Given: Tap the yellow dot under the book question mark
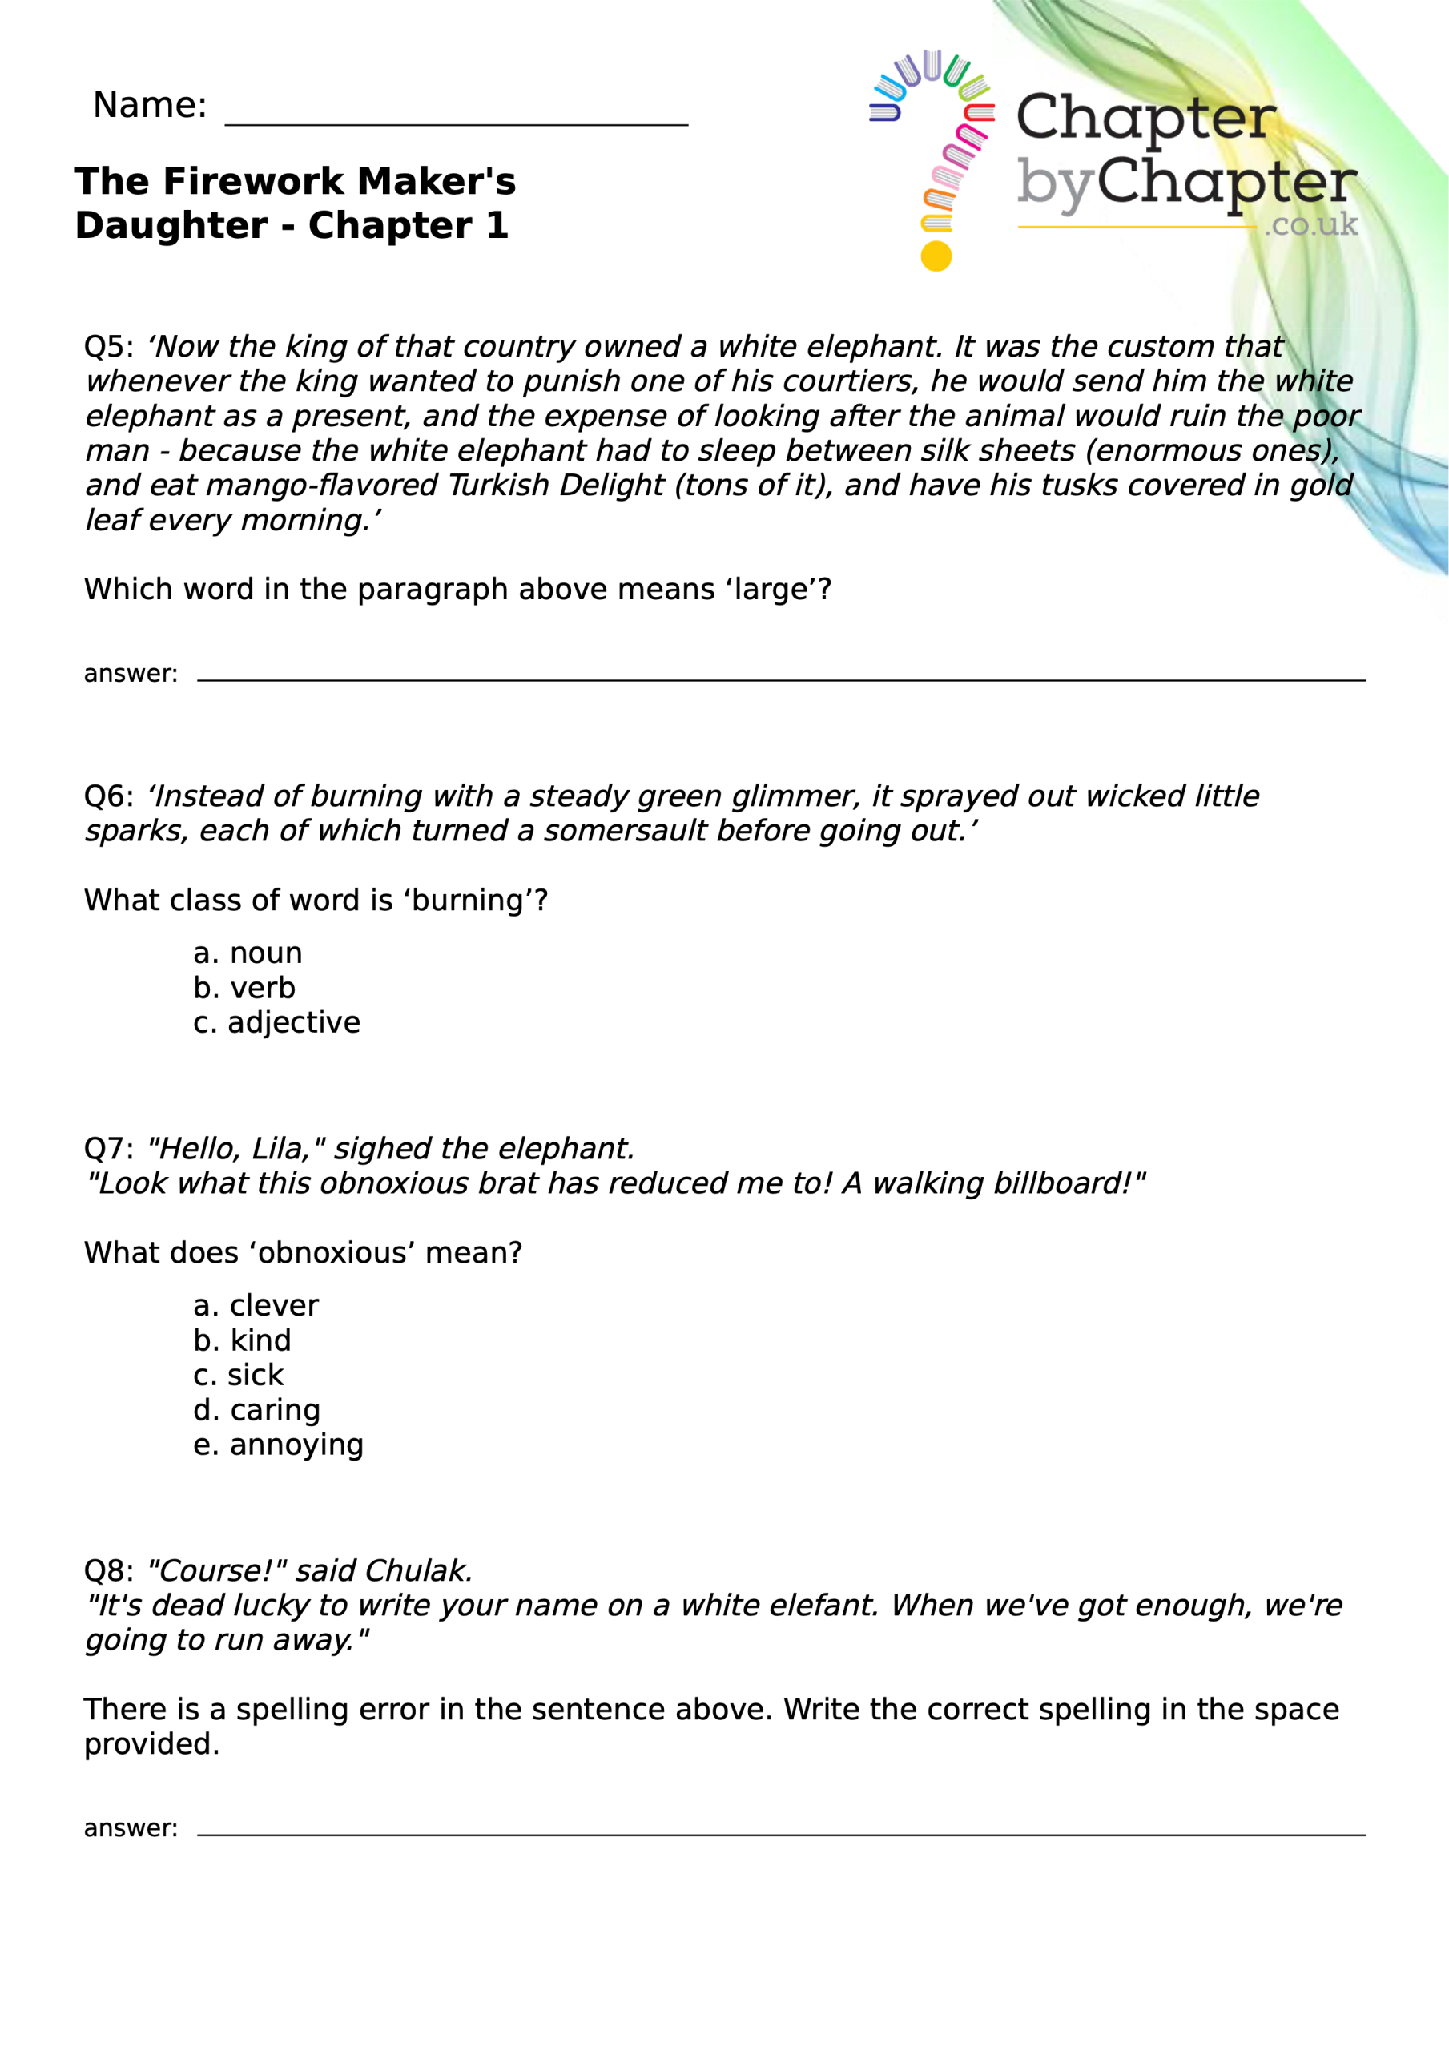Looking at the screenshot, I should click(936, 256).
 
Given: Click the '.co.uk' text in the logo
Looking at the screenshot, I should click(1310, 224).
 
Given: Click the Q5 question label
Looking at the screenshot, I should click(107, 347).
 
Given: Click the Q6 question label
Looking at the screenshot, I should click(107, 796).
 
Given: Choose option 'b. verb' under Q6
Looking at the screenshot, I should click(244, 988).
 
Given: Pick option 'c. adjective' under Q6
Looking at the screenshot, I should click(277, 1022).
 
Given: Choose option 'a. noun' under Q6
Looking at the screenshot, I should click(248, 953).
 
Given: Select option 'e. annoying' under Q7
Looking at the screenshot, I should click(278, 1445).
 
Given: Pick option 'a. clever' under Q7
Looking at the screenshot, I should click(256, 1306).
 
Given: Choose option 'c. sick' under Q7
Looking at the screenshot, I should click(238, 1376).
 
